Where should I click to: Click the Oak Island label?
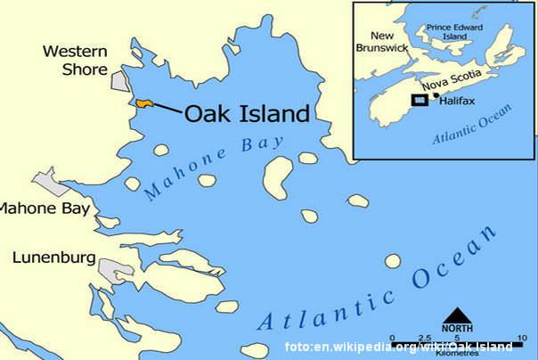pos(247,113)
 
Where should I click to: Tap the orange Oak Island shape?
pos(144,104)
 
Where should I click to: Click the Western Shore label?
pos(75,60)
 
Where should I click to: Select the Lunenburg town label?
pos(54,258)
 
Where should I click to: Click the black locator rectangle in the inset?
pos(419,100)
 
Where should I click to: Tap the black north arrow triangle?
pos(457,315)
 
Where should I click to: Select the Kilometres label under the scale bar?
pos(458,354)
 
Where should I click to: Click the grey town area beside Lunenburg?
pos(116,270)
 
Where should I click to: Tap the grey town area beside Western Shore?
pos(120,80)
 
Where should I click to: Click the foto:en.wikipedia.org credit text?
pos(397,347)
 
